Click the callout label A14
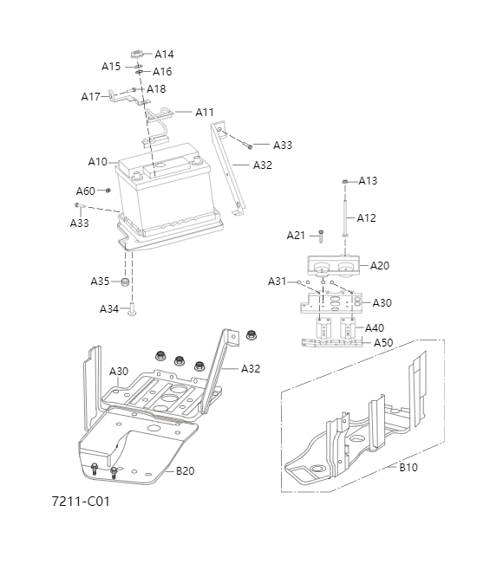[x=164, y=54]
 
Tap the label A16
[x=162, y=72]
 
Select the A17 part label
[x=90, y=96]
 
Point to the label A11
[x=204, y=112]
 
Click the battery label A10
[x=97, y=162]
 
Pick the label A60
[x=85, y=191]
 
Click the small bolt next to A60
[x=108, y=190]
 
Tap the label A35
[x=100, y=282]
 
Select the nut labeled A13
[x=345, y=181]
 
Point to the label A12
[x=367, y=218]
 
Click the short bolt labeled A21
[x=320, y=235]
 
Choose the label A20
[x=380, y=265]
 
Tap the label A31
[x=277, y=282]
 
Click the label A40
[x=375, y=328]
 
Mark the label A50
[x=383, y=343]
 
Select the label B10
[x=408, y=467]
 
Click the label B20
[x=186, y=471]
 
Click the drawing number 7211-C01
[x=81, y=501]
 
